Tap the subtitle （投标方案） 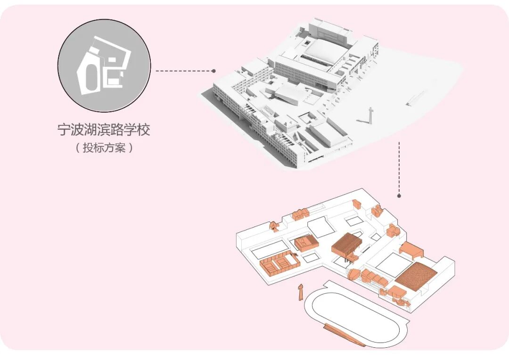(x=104, y=147)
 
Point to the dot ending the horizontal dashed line (x=213, y=71)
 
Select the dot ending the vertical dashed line (x=399, y=195)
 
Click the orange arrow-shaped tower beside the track (x=300, y=292)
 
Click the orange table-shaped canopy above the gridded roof (x=412, y=250)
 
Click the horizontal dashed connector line (x=184, y=71)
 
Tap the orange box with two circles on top (x=307, y=243)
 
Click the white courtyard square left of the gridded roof (x=389, y=264)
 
